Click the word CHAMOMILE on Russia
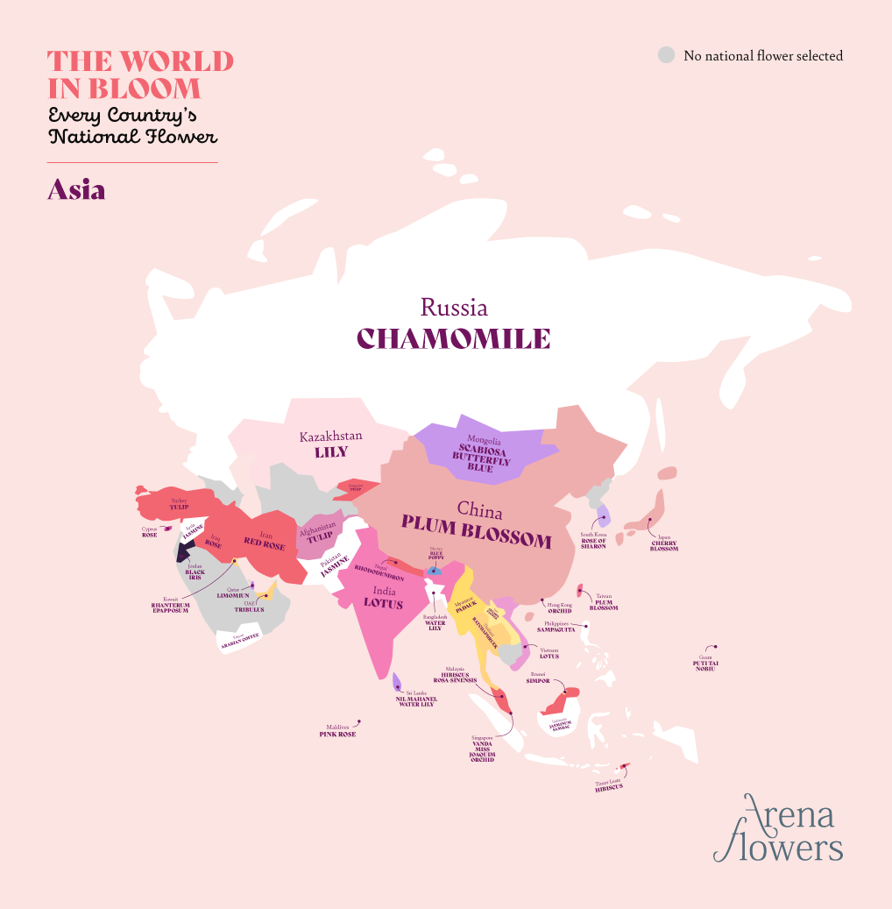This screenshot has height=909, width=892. [x=453, y=338]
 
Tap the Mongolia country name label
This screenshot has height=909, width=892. [x=484, y=440]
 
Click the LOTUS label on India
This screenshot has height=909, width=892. [x=383, y=603]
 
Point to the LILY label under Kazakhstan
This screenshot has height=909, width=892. [x=331, y=452]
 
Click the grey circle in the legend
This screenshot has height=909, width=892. [x=667, y=55]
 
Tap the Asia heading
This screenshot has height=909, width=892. [x=76, y=190]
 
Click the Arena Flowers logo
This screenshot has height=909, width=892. [x=777, y=828]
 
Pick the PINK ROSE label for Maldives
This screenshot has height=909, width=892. [x=337, y=734]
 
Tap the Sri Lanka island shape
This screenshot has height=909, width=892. [x=397, y=682]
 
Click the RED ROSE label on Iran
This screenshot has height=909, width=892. [x=264, y=546]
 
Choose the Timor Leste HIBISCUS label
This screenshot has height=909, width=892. [x=608, y=788]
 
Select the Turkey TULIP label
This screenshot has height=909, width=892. [x=180, y=505]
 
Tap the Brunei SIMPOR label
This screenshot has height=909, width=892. [x=538, y=679]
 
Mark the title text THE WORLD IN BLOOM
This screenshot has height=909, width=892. [x=140, y=75]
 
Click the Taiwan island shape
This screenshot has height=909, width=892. [x=580, y=592]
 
